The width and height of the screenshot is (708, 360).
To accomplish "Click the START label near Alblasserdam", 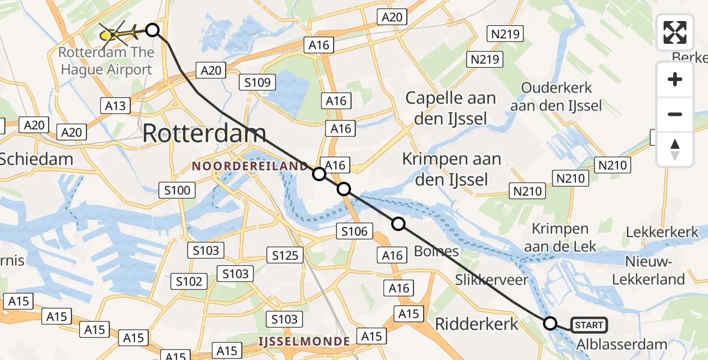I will pos(589,325).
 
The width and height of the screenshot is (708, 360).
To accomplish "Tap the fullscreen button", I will pos(675,32).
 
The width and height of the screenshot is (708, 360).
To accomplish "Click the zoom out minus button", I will pos(675,114).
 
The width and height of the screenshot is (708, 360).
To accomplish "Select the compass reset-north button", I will pos(675,149).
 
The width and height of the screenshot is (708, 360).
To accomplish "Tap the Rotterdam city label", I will pos(205,133).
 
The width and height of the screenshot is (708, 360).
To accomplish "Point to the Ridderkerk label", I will pos(476,325).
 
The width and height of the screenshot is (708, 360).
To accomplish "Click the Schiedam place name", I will pos(36,159).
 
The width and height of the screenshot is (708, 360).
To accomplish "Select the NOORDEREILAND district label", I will pos(242,165).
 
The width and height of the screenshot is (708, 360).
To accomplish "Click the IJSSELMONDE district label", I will pos(304,341).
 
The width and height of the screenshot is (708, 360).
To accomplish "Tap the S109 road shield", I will pos(258,82).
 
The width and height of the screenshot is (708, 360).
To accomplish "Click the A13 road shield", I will pos(116,106).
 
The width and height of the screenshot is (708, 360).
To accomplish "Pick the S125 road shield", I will pos(285,256).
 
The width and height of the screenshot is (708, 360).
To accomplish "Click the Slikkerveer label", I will pos(491,280).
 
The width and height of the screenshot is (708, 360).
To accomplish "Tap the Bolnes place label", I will pos(436,251).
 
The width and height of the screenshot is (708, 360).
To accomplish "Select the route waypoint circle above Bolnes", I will pos(398,224).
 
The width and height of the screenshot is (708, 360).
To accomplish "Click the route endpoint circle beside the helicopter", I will pos(152,30).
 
